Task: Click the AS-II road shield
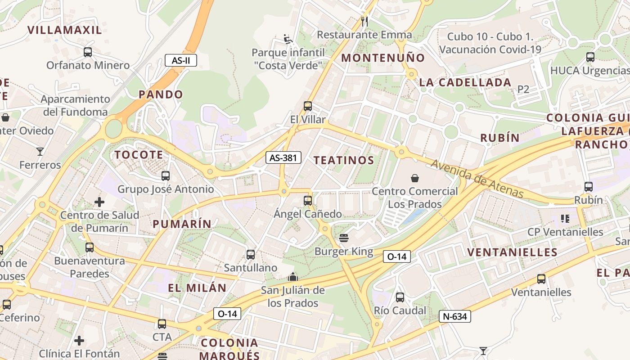(181, 60)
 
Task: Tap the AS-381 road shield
(283, 157)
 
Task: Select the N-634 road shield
(454, 316)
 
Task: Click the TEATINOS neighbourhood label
(344, 160)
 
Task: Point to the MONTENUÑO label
(383, 58)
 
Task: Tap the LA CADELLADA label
(465, 82)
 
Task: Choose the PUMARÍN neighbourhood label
(182, 224)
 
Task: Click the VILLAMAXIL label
(65, 30)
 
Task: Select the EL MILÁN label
(197, 288)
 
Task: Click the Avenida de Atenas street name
(477, 179)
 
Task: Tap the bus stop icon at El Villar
(308, 106)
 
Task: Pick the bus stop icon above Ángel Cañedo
(308, 200)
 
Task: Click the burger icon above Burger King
(344, 238)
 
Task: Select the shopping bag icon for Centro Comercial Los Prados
(415, 178)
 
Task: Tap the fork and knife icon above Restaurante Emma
(364, 21)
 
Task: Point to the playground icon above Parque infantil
(288, 39)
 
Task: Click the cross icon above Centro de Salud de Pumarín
(99, 202)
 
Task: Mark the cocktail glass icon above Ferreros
(40, 152)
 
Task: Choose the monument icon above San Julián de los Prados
(293, 276)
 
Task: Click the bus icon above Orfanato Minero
(88, 52)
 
